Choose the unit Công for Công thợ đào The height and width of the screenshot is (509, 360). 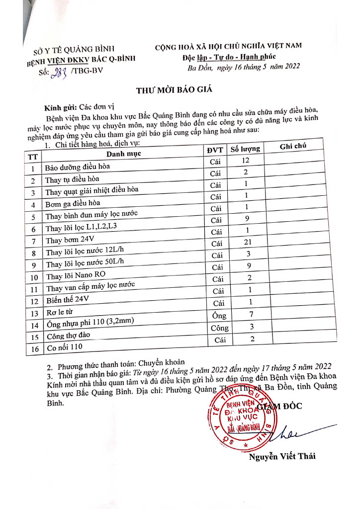point(219,328)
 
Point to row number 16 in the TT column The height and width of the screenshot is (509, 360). point(34,348)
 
